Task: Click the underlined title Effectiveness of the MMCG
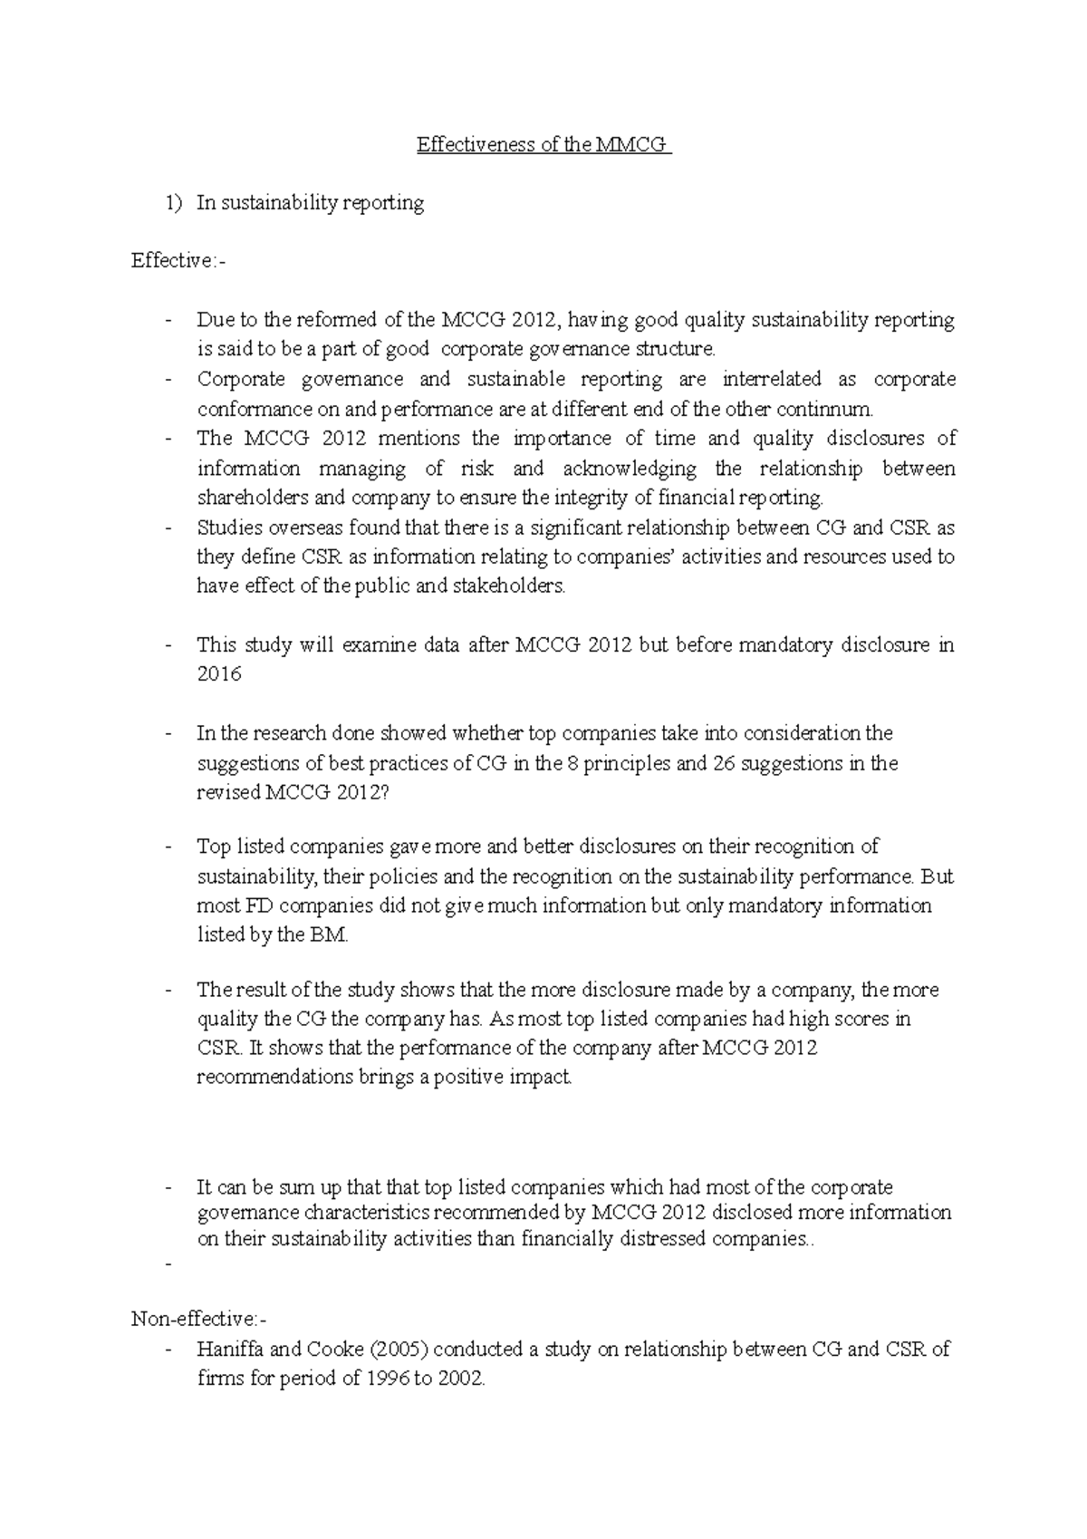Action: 543,145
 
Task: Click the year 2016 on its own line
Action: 219,674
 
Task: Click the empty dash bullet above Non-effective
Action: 168,1265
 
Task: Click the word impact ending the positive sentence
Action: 543,1078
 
